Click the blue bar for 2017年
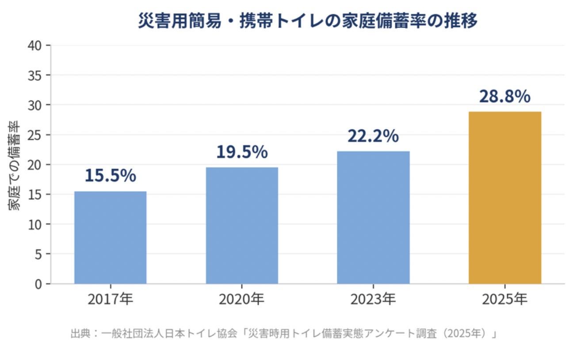point(111,237)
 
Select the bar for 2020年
point(242,226)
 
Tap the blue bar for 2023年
point(373,218)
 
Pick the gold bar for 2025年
point(505,198)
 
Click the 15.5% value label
point(111,176)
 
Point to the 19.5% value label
point(242,152)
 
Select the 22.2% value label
point(373,136)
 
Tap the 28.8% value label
point(505,96)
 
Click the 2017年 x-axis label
point(111,299)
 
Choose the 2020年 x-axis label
point(242,299)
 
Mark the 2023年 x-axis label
point(373,299)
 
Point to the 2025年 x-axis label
point(505,299)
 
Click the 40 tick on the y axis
point(34,46)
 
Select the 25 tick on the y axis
point(34,135)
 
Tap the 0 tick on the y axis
point(38,284)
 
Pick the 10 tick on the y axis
point(34,225)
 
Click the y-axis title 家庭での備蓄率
point(14,165)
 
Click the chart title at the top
point(308,20)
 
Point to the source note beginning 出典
point(284,333)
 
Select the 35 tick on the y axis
point(34,76)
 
